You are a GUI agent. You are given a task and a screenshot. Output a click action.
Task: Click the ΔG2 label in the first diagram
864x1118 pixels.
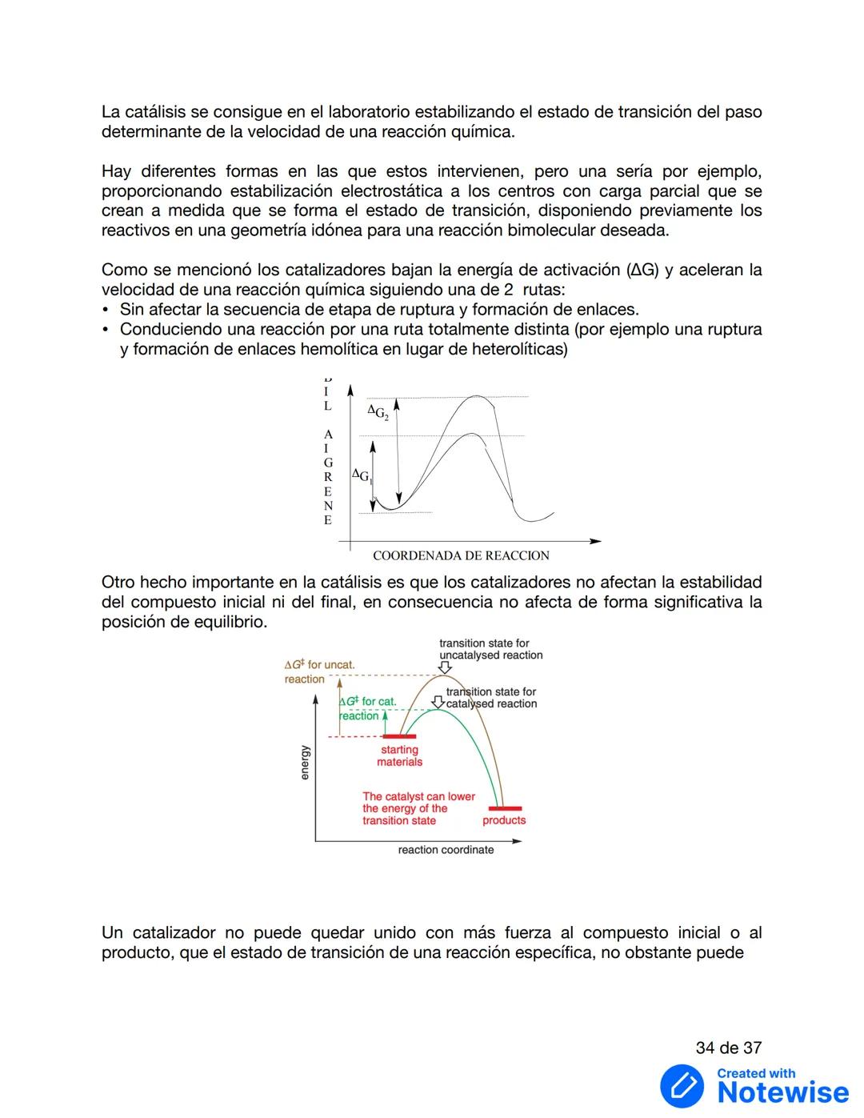click(378, 413)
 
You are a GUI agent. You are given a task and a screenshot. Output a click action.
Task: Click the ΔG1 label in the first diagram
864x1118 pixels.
click(361, 476)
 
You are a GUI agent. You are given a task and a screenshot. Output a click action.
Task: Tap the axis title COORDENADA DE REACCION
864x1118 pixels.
click(461, 555)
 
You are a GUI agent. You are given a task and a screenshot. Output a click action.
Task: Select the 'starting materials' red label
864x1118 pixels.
click(400, 755)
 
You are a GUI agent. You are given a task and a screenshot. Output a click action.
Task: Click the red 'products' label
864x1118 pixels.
click(504, 820)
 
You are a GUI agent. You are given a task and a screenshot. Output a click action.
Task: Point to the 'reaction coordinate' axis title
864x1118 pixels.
click(446, 850)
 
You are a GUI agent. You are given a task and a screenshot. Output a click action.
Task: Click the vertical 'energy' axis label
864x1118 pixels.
click(305, 762)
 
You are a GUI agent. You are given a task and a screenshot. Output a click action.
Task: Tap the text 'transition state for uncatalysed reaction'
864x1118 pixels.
click(490, 649)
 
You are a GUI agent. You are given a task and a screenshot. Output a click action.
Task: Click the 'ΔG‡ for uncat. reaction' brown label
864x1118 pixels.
click(318, 671)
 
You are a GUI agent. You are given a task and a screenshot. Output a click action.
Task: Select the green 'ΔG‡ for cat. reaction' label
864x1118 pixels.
click(368, 708)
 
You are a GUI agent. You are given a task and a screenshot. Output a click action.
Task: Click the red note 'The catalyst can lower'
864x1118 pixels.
click(418, 796)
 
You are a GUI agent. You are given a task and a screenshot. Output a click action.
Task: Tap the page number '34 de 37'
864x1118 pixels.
click(728, 1048)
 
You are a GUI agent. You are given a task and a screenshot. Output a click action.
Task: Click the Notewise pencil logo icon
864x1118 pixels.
click(682, 1086)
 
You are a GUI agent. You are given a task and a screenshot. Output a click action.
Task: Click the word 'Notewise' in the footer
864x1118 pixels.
click(782, 1092)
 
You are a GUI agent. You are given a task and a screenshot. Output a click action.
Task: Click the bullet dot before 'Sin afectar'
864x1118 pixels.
click(106, 310)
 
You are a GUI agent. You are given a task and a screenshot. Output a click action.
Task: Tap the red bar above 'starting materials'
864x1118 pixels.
click(399, 736)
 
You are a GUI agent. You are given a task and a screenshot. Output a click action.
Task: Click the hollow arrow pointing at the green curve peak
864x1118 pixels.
click(438, 703)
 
